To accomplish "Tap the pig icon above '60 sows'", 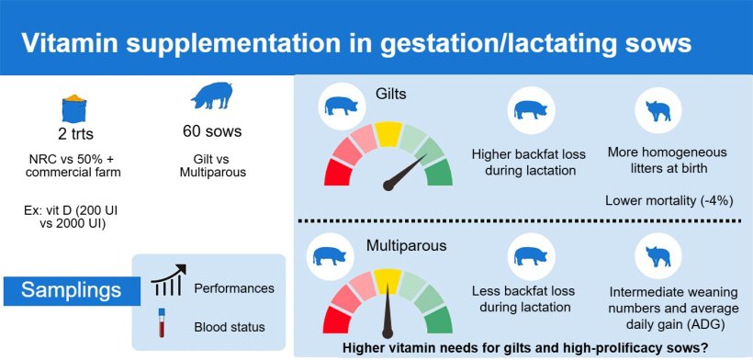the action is (x=212, y=96).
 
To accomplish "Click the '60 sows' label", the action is (x=212, y=130).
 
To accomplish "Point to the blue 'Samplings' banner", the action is (x=72, y=291).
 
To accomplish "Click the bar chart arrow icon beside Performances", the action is (x=168, y=280).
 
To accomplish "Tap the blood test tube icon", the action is (x=162, y=322).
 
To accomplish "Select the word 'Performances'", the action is (x=234, y=288).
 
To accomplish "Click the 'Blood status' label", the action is (x=230, y=327).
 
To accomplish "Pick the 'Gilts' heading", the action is (x=390, y=94).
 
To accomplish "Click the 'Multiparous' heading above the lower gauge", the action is (x=406, y=246).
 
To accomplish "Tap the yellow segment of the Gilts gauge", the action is (x=388, y=134).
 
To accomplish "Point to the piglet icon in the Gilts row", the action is (x=658, y=110).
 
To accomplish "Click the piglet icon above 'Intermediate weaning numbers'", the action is (x=658, y=256).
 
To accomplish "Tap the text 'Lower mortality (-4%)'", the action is (x=669, y=200).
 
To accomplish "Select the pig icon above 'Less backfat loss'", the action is (x=531, y=256).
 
